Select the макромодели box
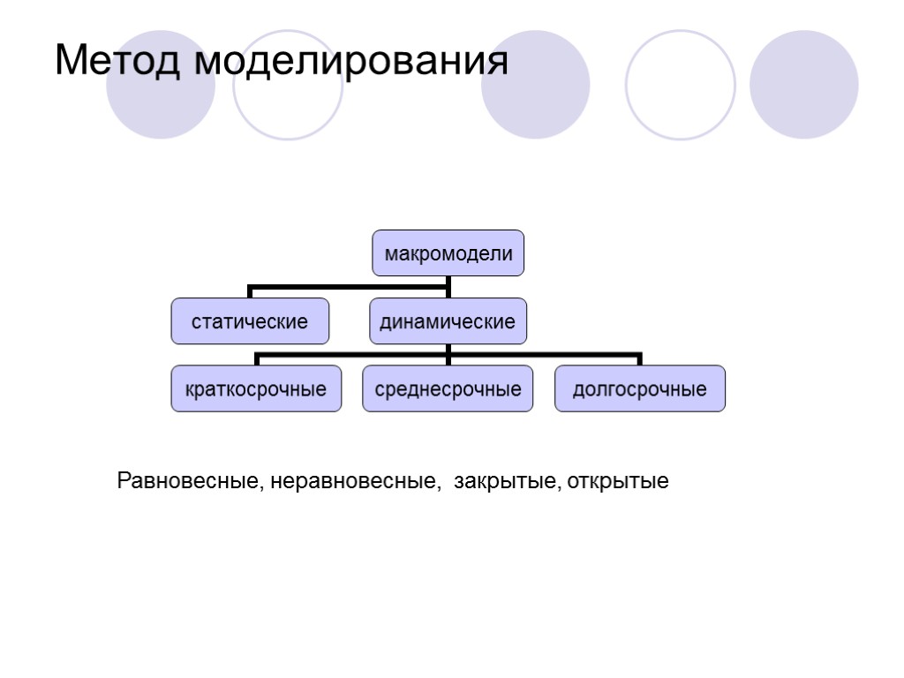coord(448,253)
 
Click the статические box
coord(250,321)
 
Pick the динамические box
coord(447,321)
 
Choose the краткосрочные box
coord(256,388)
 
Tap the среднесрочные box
coord(448,388)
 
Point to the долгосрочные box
coord(640,388)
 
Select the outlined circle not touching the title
coord(681,86)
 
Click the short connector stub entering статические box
coord(251,292)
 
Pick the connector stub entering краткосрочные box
coord(256,359)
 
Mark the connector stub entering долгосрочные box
coord(640,359)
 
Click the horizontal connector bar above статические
coord(349,286)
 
